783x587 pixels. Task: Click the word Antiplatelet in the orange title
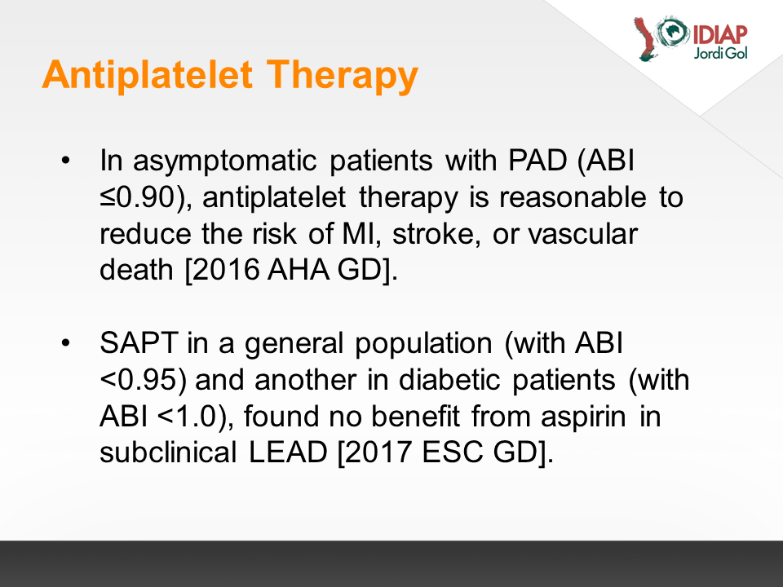pyautogui.click(x=148, y=74)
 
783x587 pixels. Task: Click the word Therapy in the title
pyautogui.click(x=342, y=76)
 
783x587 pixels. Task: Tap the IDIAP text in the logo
pyautogui.click(x=719, y=34)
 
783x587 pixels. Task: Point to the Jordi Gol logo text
pyautogui.click(x=720, y=53)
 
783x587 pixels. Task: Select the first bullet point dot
pyautogui.click(x=65, y=161)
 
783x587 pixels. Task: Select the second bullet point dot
pyautogui.click(x=65, y=343)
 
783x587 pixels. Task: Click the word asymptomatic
pyautogui.click(x=225, y=161)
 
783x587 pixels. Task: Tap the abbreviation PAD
pyautogui.click(x=537, y=161)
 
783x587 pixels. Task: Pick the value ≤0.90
pyautogui.click(x=138, y=196)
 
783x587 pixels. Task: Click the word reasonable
pyautogui.click(x=573, y=196)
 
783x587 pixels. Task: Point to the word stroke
pyautogui.click(x=432, y=234)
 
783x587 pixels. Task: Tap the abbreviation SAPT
pyautogui.click(x=139, y=343)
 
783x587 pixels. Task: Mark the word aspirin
pyautogui.click(x=583, y=417)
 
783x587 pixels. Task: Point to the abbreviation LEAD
pyautogui.click(x=288, y=452)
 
